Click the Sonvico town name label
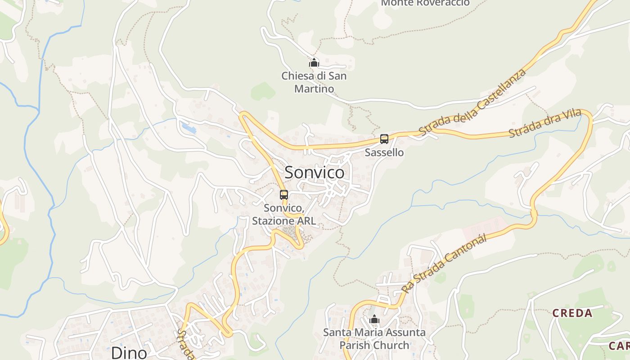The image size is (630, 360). pos(315,172)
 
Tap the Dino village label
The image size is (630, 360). pos(129,352)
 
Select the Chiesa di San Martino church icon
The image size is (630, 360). pos(314,63)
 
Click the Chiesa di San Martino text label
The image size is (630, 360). pos(314,82)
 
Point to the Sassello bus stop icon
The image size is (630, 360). pos(384,139)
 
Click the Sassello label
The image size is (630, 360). pos(384,153)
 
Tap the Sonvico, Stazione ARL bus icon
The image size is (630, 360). pos(284,195)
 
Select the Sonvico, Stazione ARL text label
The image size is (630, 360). pos(284,215)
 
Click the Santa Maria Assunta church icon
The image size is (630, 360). pos(374,319)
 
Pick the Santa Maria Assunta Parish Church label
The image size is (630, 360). pos(374,339)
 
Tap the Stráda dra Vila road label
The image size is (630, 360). pos(545,124)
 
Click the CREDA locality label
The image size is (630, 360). pos(572,313)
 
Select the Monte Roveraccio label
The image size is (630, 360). pos(425,3)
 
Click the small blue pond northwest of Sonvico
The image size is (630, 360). pos(189,127)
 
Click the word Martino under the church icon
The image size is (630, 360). pos(314,89)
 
